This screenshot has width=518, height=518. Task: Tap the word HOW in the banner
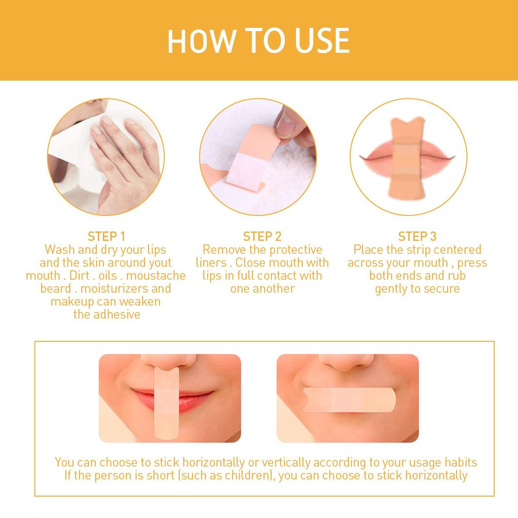point(200,41)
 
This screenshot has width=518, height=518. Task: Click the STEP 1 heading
point(107,237)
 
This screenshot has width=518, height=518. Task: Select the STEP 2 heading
point(262,237)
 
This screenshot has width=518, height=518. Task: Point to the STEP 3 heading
point(417,237)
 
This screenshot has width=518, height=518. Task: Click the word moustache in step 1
point(156,276)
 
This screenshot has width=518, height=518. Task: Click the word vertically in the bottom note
point(285,463)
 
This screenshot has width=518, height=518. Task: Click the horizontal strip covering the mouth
point(349,400)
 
